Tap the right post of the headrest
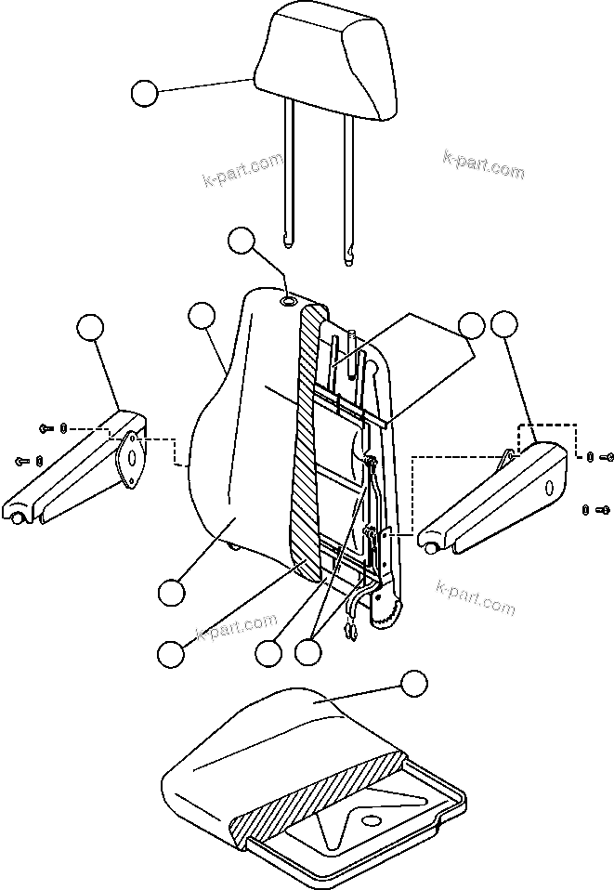[349, 186]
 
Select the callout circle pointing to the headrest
[144, 94]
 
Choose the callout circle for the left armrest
[90, 327]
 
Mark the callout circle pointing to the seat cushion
[413, 685]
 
